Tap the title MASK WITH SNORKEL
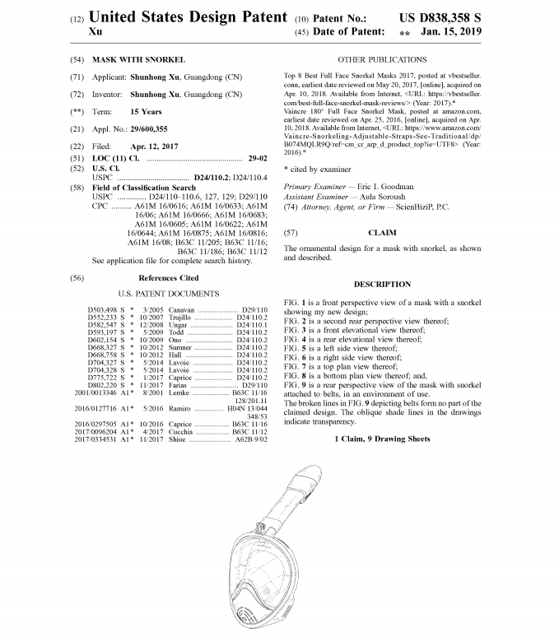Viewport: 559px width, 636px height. pos(139,60)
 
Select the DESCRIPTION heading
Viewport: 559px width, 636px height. pos(382,284)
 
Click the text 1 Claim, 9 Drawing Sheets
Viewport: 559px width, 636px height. pos(381,439)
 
